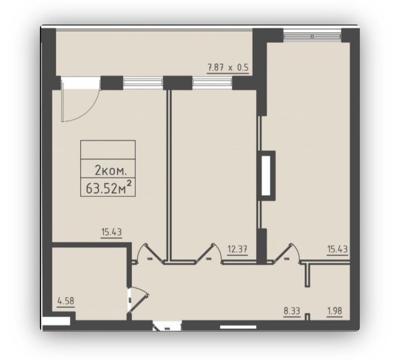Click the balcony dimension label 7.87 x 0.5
pos(228,68)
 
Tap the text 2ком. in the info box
pos(111,170)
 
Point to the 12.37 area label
pos(238,249)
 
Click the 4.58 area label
pos(66,301)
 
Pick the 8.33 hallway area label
pos(292,311)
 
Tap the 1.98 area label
pos(334,311)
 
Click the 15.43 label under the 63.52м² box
pos(112,232)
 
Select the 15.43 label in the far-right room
pos(337,249)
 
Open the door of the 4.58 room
pos(138,300)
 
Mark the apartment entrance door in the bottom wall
pos(167,326)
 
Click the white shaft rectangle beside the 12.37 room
pos(266,176)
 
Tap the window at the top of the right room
pos(312,35)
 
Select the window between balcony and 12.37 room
pos(212,83)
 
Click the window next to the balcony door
pos(143,83)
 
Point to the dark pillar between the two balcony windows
pos(177,83)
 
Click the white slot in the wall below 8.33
pos(238,327)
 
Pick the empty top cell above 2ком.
pos(108,150)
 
